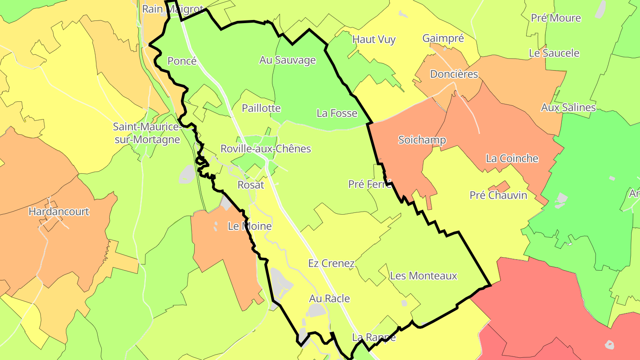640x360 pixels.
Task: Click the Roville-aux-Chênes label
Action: coord(266,148)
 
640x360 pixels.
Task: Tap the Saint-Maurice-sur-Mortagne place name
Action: coord(146,133)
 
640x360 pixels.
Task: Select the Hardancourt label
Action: coord(59,212)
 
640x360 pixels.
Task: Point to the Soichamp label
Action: coord(422,140)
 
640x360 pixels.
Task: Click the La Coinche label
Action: coord(512,159)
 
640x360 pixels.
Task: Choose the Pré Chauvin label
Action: coord(498,195)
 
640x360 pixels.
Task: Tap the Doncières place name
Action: coord(454,74)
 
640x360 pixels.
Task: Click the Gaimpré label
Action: coord(443,38)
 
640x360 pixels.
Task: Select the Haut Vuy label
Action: coord(374,40)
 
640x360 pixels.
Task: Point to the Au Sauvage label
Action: coord(288,60)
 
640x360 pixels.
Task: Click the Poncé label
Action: coord(182,61)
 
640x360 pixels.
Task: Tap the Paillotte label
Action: coord(261,108)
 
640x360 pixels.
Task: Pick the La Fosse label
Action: coord(337,113)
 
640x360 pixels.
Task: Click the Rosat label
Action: coord(251,185)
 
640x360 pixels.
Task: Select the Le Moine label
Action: coord(249,226)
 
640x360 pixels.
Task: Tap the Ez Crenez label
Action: coord(331,264)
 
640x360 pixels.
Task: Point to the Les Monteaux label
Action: coord(424,276)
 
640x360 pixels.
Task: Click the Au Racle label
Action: coord(329,299)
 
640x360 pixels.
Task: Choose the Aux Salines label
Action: coord(568,108)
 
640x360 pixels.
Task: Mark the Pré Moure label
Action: coord(556,18)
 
